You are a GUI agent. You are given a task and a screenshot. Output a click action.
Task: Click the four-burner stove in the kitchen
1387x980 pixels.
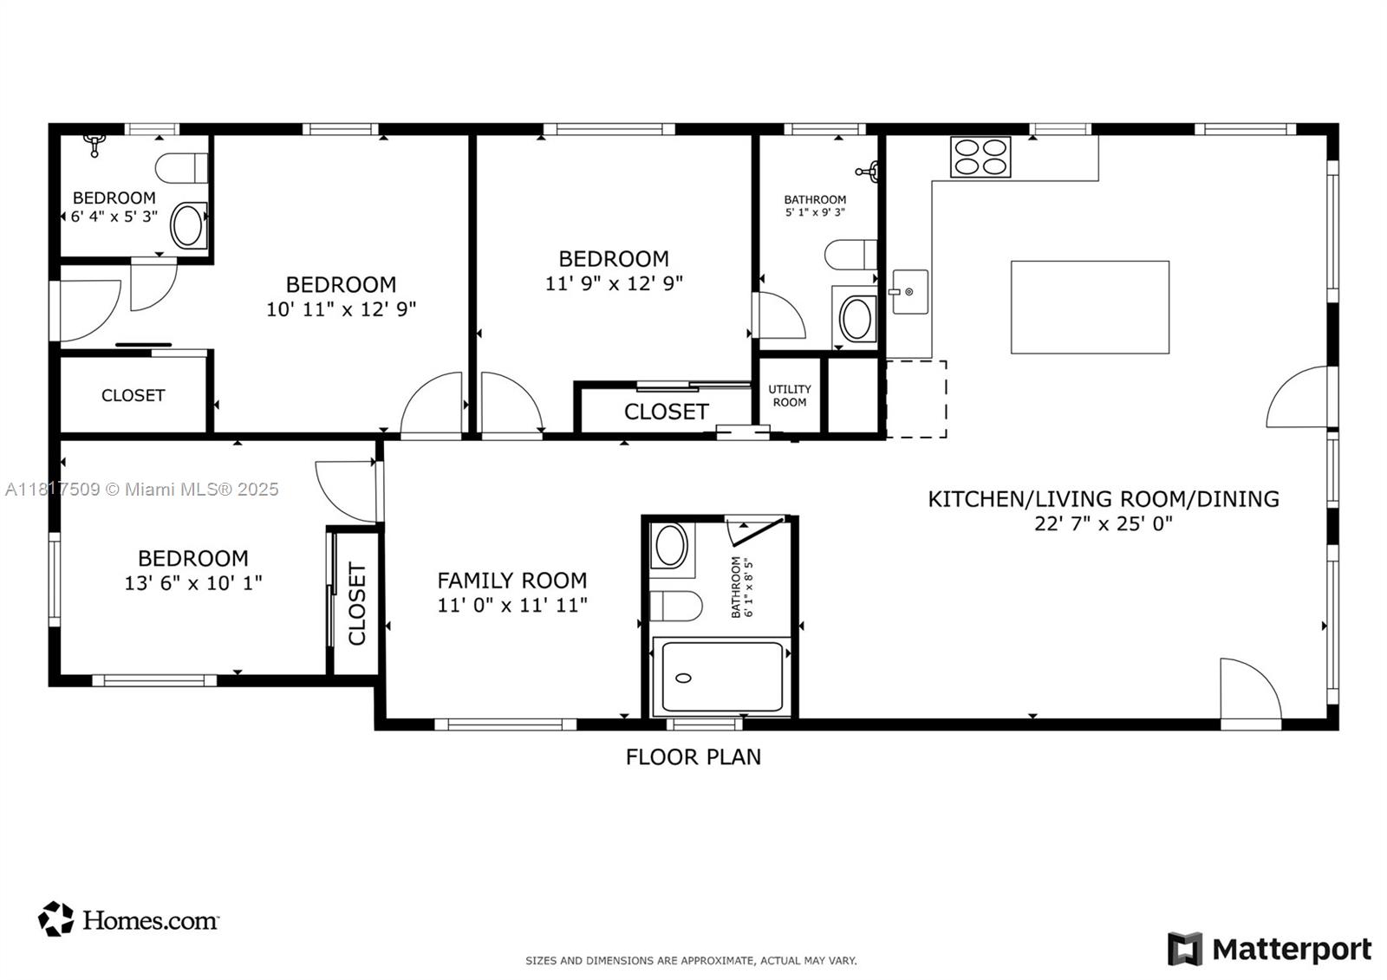pyautogui.click(x=980, y=157)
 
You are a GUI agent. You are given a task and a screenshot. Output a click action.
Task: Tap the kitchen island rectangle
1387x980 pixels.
pyautogui.click(x=1090, y=307)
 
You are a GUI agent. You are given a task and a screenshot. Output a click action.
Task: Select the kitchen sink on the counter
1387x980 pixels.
pyautogui.click(x=909, y=292)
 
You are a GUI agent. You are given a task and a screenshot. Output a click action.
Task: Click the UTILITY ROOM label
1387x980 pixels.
pyautogui.click(x=790, y=396)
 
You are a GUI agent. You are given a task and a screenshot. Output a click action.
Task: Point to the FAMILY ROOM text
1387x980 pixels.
pyautogui.click(x=511, y=581)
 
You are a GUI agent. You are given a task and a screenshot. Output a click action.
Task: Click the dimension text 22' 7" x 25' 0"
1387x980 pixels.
pyautogui.click(x=1103, y=523)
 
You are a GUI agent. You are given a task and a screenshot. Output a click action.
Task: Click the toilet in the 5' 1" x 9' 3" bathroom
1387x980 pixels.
pyautogui.click(x=850, y=255)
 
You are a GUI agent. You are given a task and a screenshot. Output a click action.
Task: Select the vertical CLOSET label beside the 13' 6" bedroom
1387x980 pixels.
pyautogui.click(x=357, y=604)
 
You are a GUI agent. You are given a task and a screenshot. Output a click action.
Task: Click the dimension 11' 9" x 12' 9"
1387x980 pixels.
pyautogui.click(x=614, y=283)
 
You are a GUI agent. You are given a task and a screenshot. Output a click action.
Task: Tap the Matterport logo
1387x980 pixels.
pyautogui.click(x=1270, y=949)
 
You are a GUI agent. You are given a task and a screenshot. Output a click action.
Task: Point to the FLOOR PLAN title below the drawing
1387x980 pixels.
pyautogui.click(x=693, y=756)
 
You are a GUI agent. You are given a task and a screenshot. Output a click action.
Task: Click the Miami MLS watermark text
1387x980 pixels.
pyautogui.click(x=142, y=490)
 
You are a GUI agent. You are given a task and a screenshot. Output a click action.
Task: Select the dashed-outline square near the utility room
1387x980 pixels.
pyautogui.click(x=915, y=399)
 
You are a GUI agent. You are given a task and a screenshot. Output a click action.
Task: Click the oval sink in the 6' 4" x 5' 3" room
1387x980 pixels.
pyautogui.click(x=187, y=226)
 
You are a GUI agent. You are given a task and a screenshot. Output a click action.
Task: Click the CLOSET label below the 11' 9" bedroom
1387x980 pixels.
pyautogui.click(x=666, y=412)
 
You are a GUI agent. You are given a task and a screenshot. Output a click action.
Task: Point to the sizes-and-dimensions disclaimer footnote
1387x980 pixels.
pyautogui.click(x=691, y=960)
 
